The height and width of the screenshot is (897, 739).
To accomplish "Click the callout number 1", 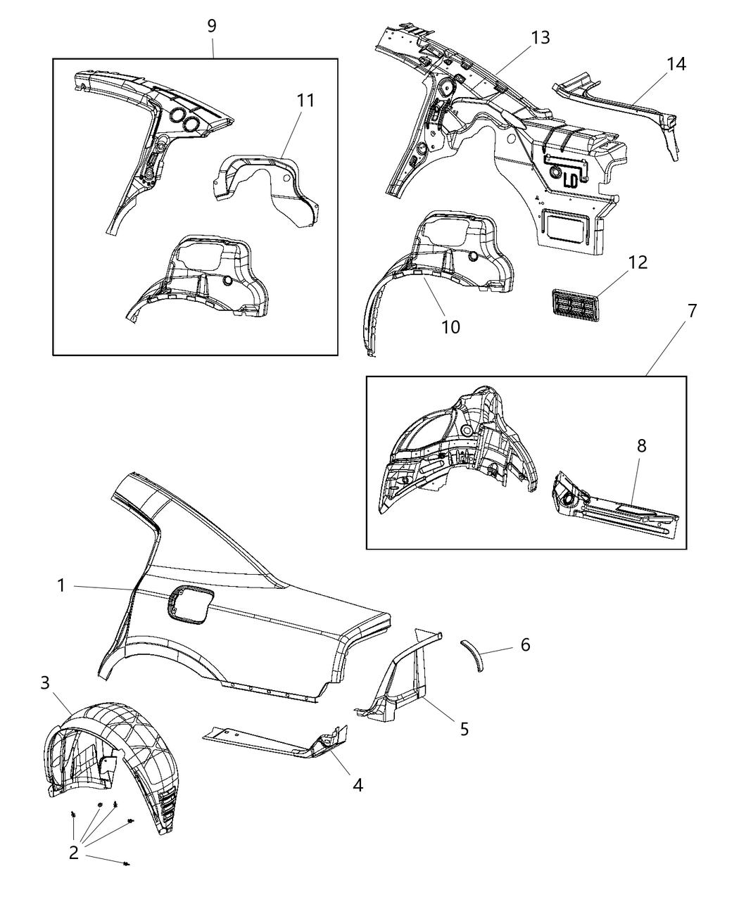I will (x=61, y=585).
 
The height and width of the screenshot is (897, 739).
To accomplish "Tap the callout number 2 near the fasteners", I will (x=74, y=853).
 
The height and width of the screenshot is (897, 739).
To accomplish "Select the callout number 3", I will (x=45, y=682).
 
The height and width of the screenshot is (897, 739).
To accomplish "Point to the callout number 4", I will (x=358, y=784).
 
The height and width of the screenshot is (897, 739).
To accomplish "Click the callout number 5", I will (x=464, y=729).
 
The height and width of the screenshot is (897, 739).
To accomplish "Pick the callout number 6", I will (x=525, y=644).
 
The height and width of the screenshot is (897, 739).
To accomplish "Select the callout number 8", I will (x=641, y=445).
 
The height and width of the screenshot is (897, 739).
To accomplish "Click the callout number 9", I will (x=211, y=26).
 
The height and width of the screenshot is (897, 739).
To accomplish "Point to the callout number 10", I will (x=450, y=326).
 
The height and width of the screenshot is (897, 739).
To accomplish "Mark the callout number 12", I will (x=638, y=262).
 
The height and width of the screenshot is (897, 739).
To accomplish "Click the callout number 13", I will (x=541, y=37).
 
